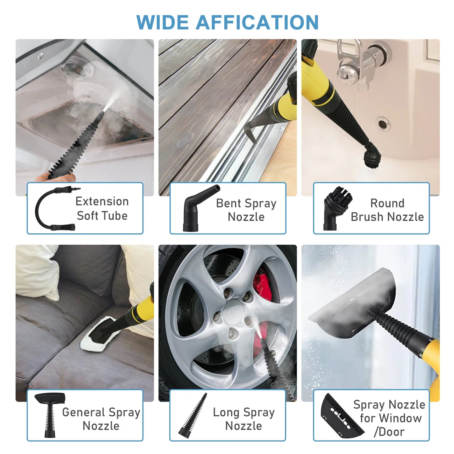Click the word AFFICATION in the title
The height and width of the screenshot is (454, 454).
tap(257, 23)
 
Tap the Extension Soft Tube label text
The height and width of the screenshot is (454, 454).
tap(102, 208)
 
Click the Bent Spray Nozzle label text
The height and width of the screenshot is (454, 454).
tap(246, 210)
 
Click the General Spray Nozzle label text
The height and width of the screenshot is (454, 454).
tap(101, 419)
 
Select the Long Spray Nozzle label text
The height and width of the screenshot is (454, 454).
tap(244, 419)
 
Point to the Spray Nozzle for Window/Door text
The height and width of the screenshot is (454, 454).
tap(390, 418)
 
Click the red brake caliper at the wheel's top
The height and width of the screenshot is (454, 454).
tap(263, 286)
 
